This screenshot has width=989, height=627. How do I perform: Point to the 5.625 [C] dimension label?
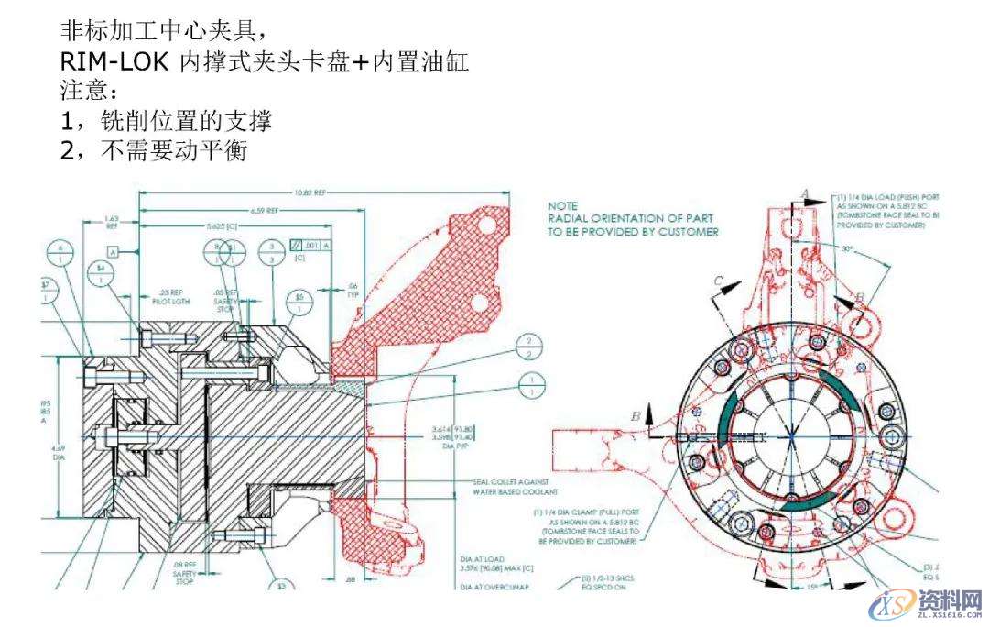click(x=221, y=225)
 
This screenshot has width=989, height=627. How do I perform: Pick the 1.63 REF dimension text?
click(x=111, y=222)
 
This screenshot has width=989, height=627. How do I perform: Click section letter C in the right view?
click(x=719, y=280)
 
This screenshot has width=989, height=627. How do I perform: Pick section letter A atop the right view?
click(x=805, y=192)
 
